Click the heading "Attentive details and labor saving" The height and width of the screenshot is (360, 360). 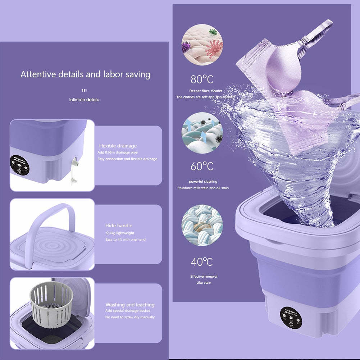(x=85, y=74)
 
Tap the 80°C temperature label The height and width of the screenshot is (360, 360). (x=202, y=79)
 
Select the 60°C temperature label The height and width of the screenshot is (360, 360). (x=202, y=167)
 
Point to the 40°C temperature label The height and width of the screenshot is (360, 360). (x=202, y=262)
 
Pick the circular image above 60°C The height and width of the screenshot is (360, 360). (x=202, y=133)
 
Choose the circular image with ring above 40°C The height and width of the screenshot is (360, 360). (x=202, y=225)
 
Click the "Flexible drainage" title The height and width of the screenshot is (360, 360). (x=118, y=146)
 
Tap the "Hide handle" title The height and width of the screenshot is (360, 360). (x=119, y=225)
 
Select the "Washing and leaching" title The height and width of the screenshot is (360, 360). (x=130, y=305)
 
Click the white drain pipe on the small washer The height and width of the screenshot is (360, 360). (x=75, y=169)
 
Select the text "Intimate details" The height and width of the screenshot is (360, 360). (x=84, y=100)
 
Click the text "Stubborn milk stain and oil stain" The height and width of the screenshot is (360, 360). (x=203, y=188)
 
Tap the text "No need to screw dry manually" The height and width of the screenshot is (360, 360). (x=130, y=317)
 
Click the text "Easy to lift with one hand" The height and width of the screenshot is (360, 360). (x=125, y=240)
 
